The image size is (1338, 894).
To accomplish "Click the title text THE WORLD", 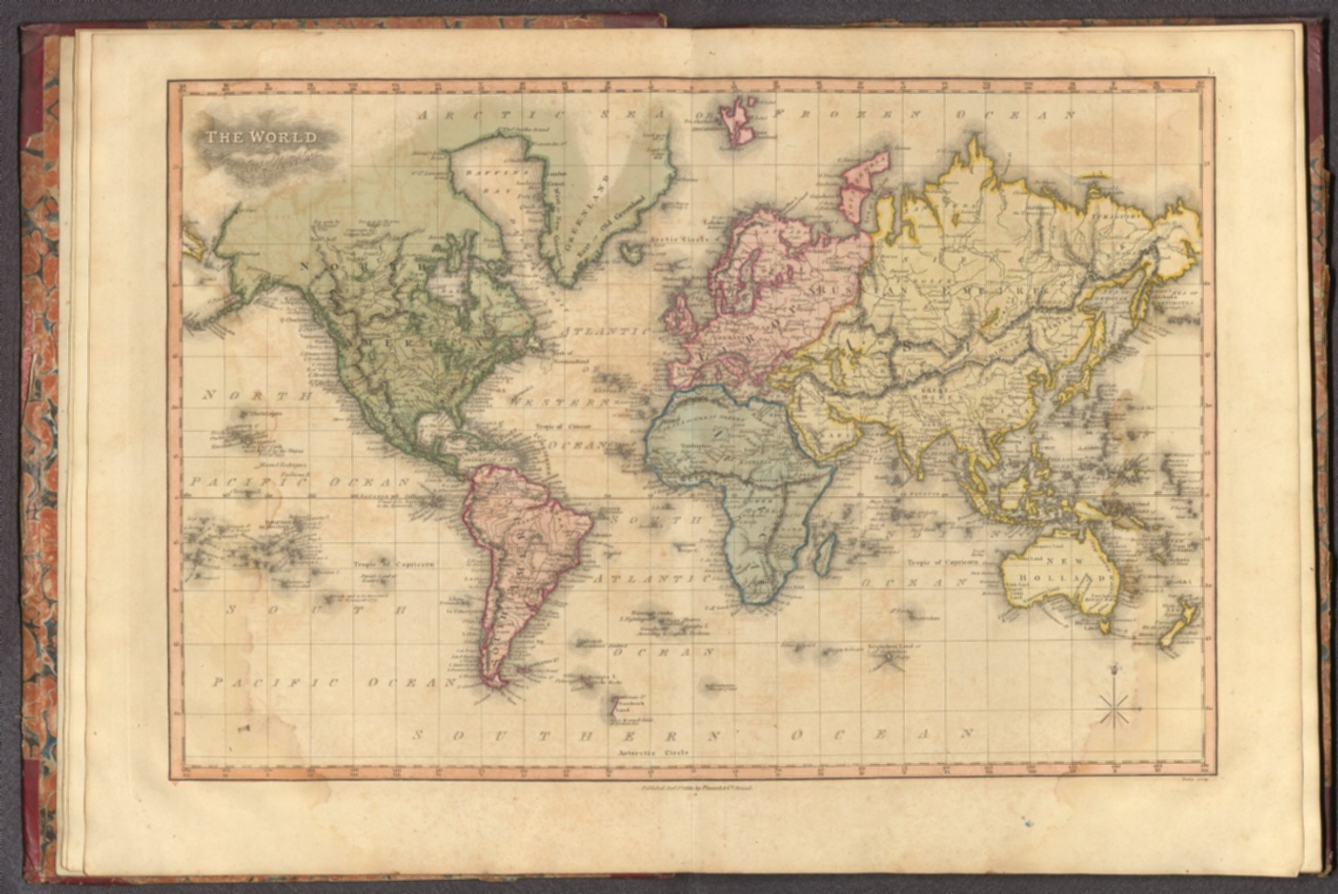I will [261, 137].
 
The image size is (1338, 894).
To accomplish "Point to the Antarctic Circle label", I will [653, 750].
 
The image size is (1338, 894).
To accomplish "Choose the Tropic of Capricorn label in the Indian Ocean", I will [943, 562].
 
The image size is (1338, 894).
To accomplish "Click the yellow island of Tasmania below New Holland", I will [1105, 626].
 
